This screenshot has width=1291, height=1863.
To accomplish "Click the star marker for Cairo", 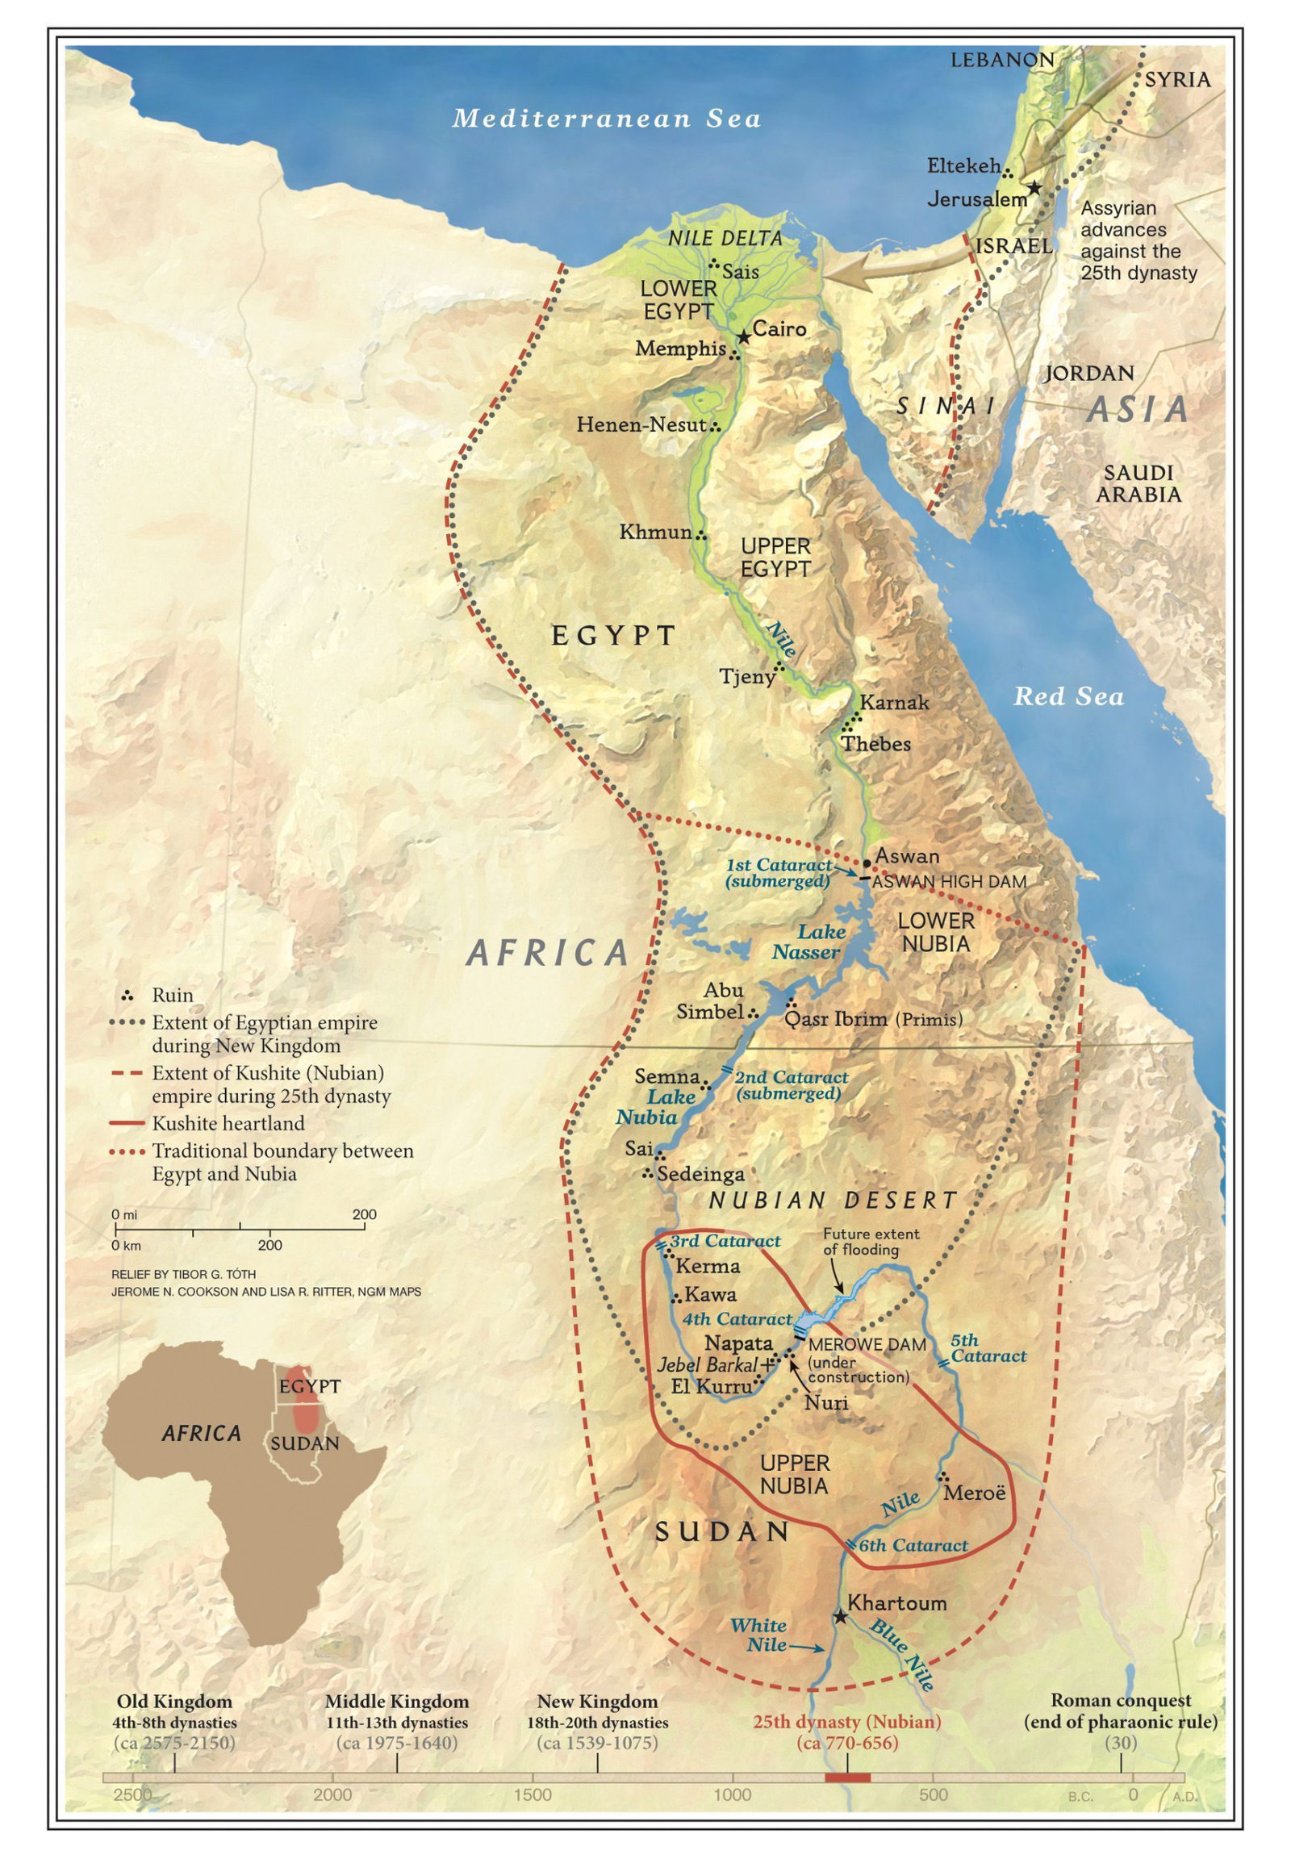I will (743, 336).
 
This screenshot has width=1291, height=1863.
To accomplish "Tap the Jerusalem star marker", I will (1034, 189).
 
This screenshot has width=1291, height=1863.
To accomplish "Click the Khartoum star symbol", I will (841, 1616).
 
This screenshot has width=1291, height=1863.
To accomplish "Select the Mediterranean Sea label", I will (607, 118).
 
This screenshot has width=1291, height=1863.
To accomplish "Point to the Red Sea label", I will (1067, 695).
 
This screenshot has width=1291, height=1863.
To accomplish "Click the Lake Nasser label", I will (808, 942).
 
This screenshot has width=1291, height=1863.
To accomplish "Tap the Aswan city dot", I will (867, 863).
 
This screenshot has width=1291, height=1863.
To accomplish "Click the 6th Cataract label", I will (913, 1545).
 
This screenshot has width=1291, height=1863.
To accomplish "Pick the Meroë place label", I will (974, 1493).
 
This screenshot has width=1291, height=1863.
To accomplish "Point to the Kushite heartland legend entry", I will (228, 1124).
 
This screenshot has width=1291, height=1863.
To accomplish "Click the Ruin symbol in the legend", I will (127, 994).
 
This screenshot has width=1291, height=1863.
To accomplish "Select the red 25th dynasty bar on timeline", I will (847, 1777).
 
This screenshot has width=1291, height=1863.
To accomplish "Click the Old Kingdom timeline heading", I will (174, 1700).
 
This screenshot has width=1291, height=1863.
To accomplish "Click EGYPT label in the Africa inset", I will (310, 1385).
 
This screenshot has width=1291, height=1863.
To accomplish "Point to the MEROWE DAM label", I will (867, 1345).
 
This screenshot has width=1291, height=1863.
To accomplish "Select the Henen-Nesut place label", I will (641, 424).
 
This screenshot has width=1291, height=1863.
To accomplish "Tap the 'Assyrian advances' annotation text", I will (1138, 240).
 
